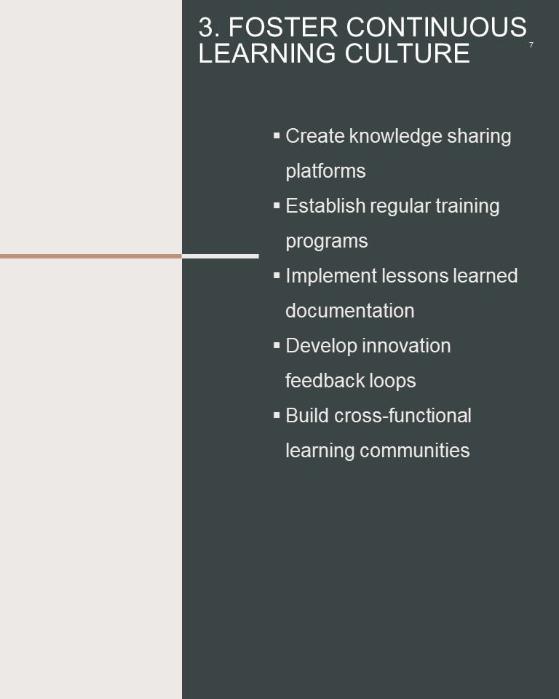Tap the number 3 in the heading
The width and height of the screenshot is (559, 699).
[x=206, y=27]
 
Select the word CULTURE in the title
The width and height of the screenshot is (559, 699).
[x=407, y=53]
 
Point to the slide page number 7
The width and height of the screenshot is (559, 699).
[x=531, y=44]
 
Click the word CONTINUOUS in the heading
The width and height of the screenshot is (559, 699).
[x=437, y=27]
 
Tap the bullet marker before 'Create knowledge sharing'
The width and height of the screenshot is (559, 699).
[x=277, y=135]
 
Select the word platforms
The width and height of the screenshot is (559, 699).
[x=325, y=171]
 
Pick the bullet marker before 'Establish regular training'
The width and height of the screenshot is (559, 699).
[x=277, y=205]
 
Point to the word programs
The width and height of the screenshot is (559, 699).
[x=327, y=242]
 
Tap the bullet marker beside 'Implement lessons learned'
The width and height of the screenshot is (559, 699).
[x=277, y=275]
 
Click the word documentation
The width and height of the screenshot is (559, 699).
[x=350, y=311]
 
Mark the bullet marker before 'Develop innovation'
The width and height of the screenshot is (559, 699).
[x=277, y=344]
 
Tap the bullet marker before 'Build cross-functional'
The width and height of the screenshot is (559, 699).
[x=277, y=414]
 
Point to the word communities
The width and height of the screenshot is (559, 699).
[x=415, y=450]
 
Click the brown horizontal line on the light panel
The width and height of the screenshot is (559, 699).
[x=91, y=256]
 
